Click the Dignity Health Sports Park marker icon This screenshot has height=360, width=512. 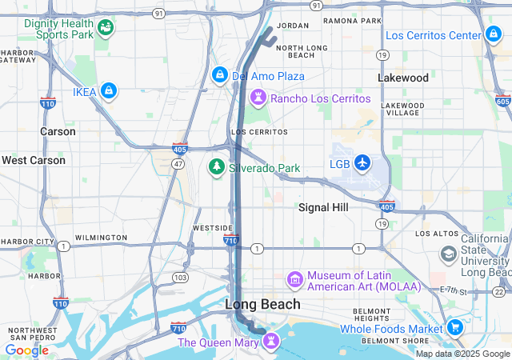(x=105, y=29)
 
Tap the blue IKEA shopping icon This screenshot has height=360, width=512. (x=109, y=92)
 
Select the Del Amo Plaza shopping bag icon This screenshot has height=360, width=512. (x=219, y=75)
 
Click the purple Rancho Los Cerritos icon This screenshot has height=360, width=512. (x=258, y=98)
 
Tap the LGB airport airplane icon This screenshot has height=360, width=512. (x=362, y=163)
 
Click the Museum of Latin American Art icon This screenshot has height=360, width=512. (x=294, y=280)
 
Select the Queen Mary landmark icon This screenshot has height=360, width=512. (x=271, y=342)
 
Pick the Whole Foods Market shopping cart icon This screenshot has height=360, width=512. (x=455, y=327)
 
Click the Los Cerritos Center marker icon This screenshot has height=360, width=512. (x=493, y=35)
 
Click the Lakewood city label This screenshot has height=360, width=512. (x=403, y=78)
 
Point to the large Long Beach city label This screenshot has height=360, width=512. (x=262, y=304)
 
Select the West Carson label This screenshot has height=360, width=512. (x=34, y=160)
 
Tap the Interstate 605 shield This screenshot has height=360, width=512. (x=502, y=101)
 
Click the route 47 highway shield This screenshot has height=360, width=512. (x=178, y=163)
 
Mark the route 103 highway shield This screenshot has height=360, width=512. (x=181, y=278)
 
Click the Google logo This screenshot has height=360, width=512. (x=27, y=350)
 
